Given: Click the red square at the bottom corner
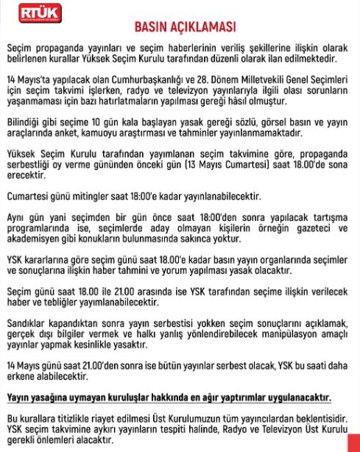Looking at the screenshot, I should (x=351, y=442).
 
